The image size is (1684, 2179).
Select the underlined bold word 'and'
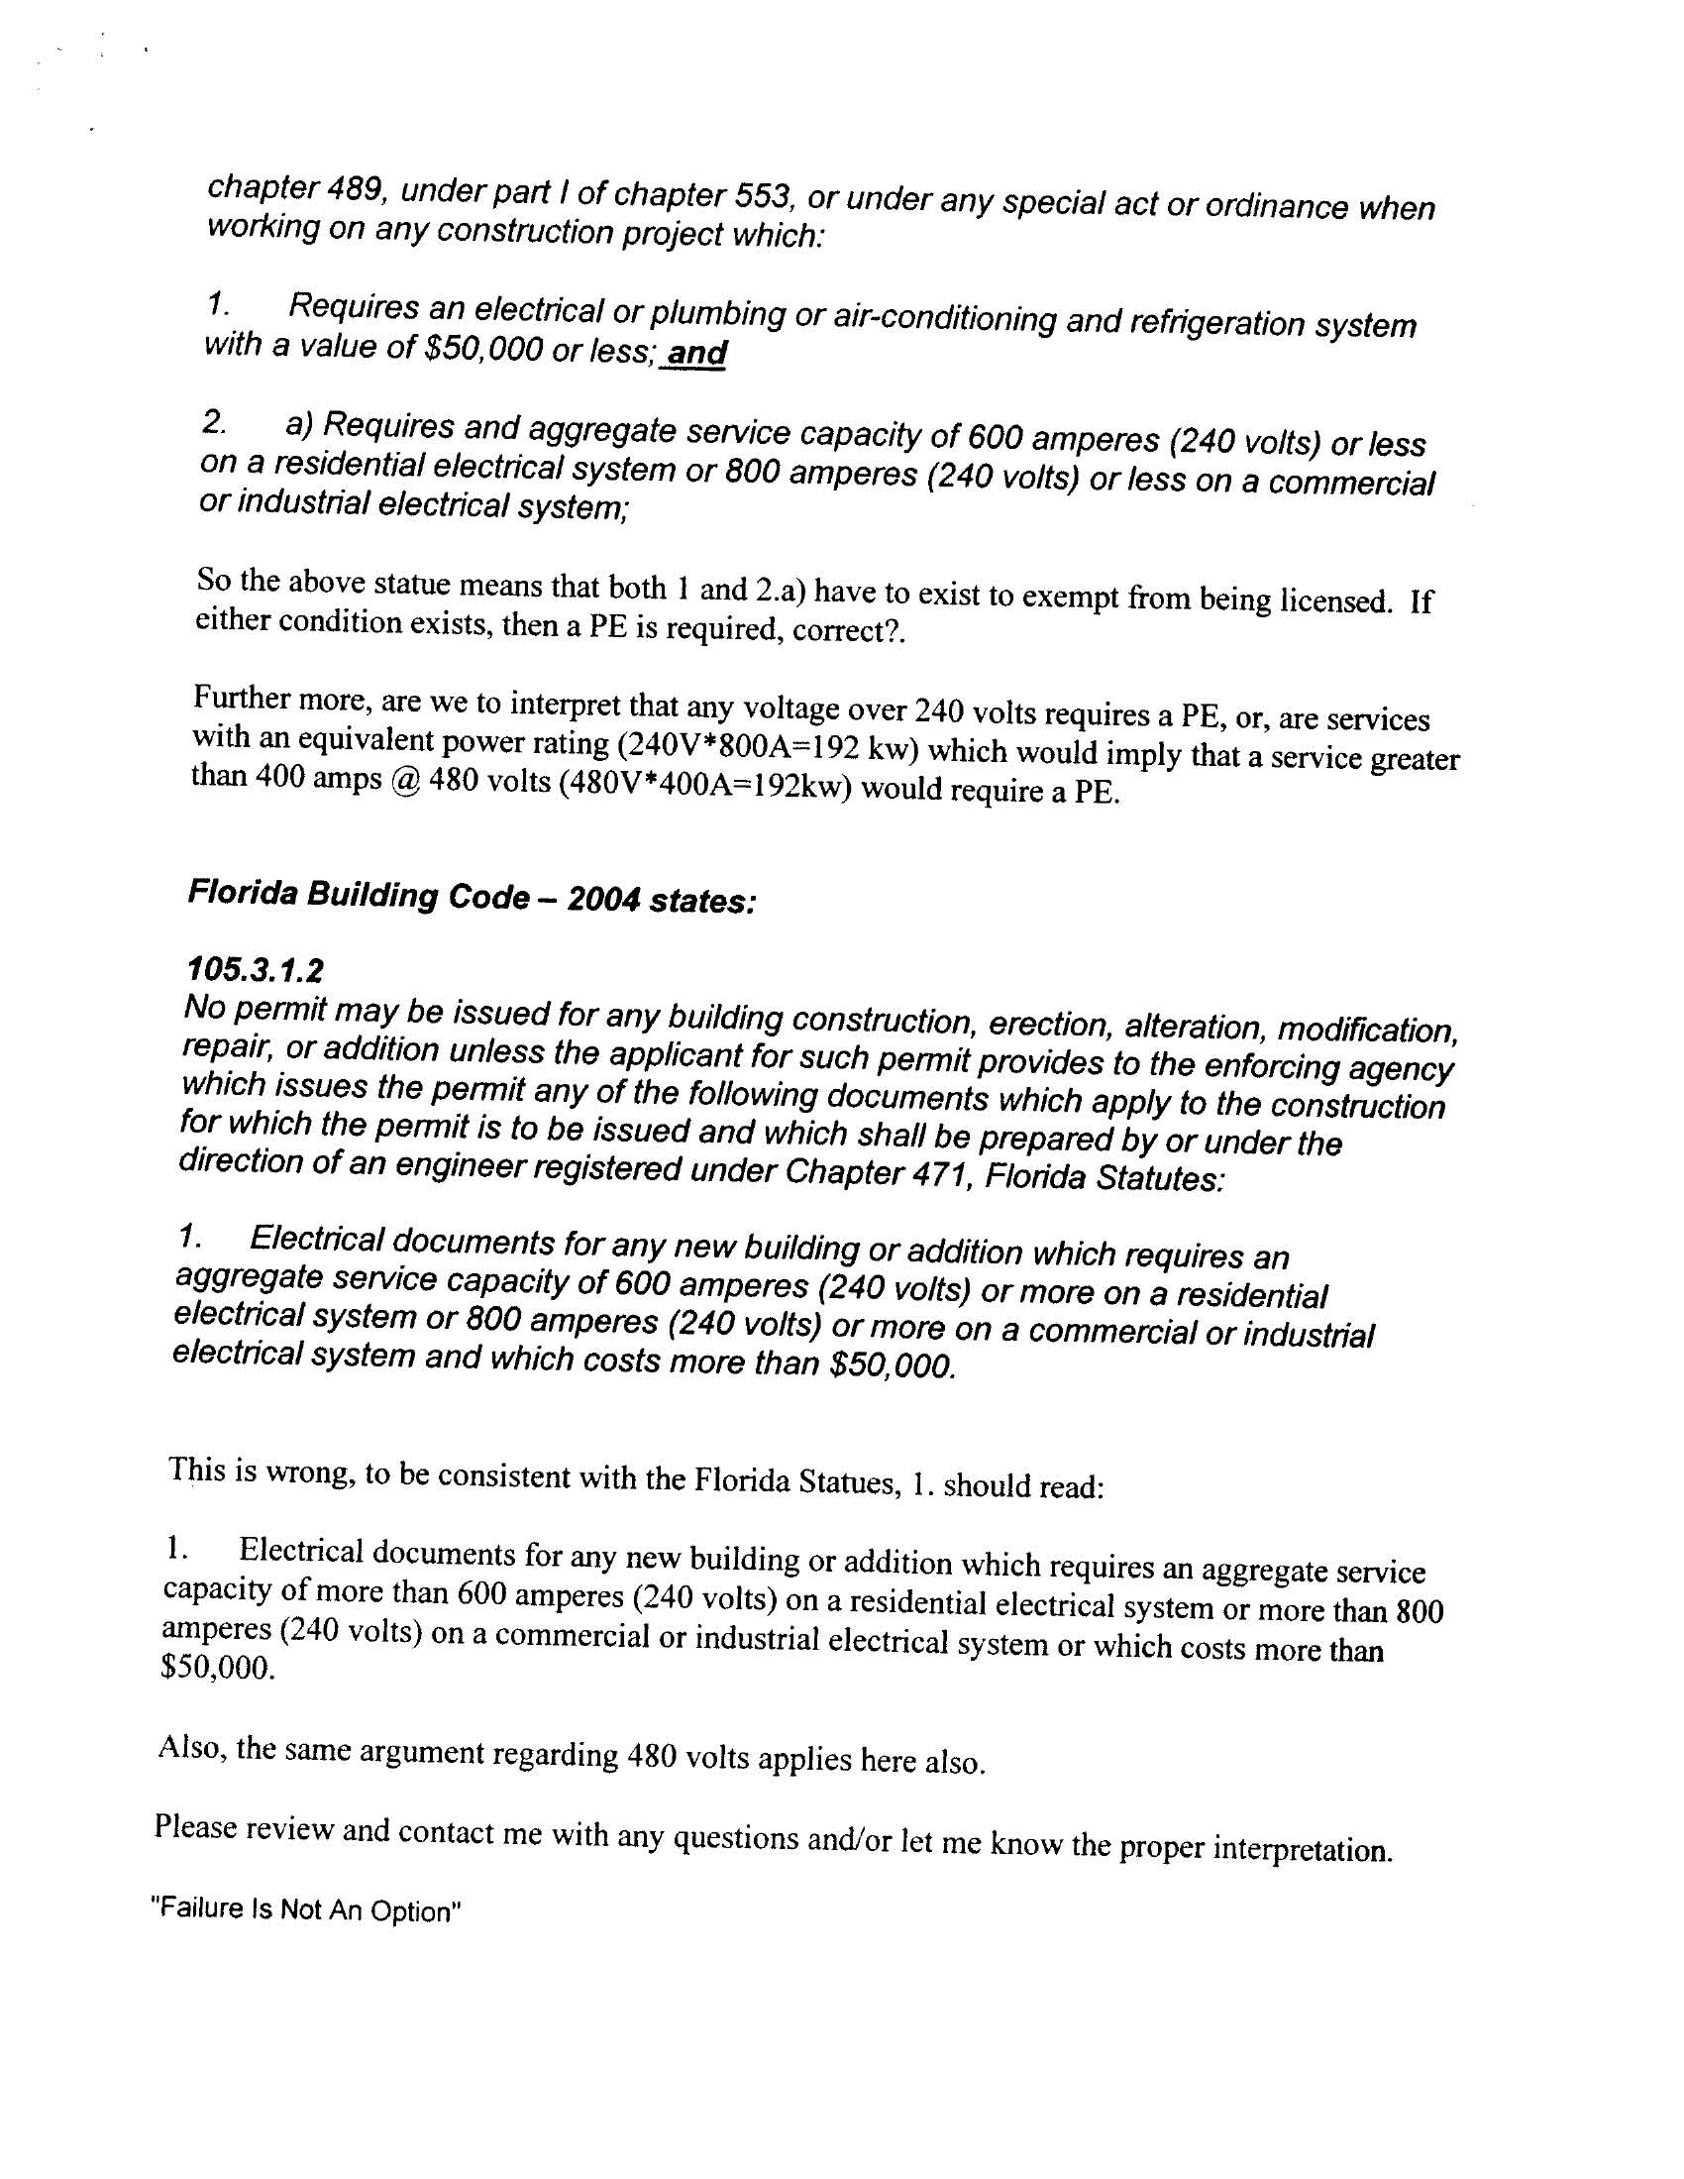coord(697,352)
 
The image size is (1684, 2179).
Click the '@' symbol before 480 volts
coord(405,779)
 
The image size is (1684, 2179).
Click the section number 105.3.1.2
coord(256,969)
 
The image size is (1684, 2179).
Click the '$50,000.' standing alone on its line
coord(217,1669)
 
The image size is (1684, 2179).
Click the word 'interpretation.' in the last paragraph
coord(1302,1850)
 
